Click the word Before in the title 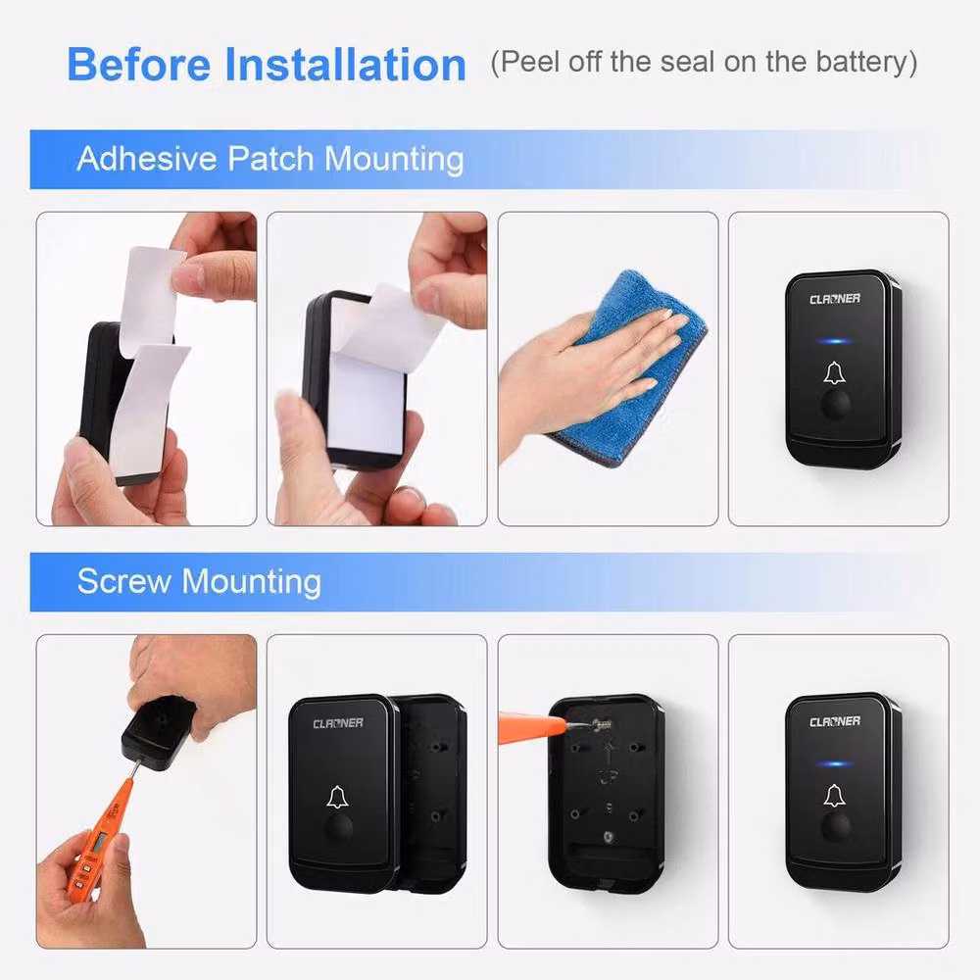click(139, 65)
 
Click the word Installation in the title click(345, 65)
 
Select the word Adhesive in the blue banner click(147, 158)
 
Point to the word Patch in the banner click(270, 158)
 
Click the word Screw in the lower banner click(123, 581)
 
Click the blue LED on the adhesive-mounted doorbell click(834, 341)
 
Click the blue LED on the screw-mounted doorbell click(834, 763)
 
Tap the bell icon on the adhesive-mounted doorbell click(834, 373)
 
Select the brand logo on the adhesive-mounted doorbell click(835, 299)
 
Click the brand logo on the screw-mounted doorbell click(835, 722)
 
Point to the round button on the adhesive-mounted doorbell click(835, 405)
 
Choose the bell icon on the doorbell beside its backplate click(337, 797)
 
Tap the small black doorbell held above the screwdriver click(160, 734)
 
